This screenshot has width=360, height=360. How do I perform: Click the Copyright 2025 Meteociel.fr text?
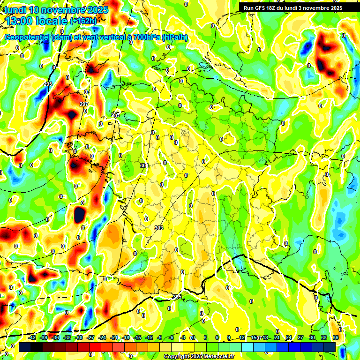(x=199, y=357)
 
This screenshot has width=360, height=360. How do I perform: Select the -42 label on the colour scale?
(x=32, y=338)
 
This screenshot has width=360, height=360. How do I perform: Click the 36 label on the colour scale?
(x=336, y=338)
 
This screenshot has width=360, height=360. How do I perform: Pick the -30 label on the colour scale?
(x=79, y=338)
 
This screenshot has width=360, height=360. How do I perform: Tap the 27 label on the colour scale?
(x=300, y=338)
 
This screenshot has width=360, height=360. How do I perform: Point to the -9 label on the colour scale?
(x=159, y=338)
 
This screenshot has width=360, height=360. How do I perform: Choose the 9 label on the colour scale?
(x=229, y=338)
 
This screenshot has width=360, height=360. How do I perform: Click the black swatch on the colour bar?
(x=37, y=347)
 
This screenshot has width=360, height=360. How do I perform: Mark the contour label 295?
(x=47, y=84)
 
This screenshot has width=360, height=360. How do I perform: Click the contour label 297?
(x=84, y=104)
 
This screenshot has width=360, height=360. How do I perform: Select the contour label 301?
(x=144, y=165)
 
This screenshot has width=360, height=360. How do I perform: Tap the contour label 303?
(x=158, y=227)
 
